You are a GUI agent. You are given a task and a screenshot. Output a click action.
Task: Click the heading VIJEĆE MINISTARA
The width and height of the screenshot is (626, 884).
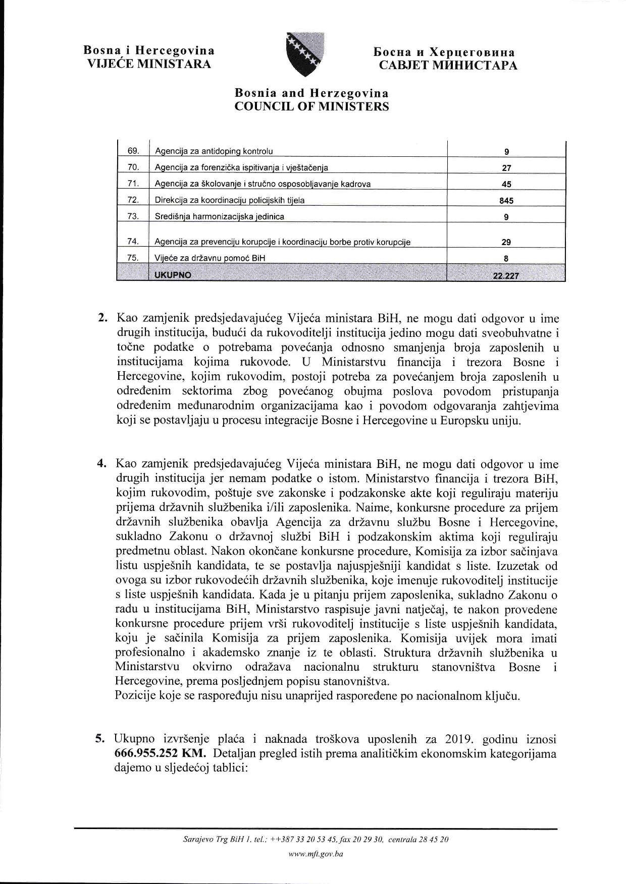[149, 64]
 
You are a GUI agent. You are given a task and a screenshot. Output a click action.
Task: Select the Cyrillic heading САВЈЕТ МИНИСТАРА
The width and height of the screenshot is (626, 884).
[448, 66]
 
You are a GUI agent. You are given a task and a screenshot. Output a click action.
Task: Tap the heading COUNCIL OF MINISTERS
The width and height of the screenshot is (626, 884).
[311, 106]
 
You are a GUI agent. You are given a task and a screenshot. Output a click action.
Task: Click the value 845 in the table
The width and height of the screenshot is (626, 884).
[506, 201]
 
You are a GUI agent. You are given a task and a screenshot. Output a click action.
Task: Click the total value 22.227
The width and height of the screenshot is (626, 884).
[506, 276]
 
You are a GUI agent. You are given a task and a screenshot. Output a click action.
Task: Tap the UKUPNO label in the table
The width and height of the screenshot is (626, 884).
[173, 275]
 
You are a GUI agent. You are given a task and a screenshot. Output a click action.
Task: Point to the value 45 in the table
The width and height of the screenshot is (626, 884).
[506, 185]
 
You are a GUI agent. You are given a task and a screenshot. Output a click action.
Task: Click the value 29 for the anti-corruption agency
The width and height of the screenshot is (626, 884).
[506, 242]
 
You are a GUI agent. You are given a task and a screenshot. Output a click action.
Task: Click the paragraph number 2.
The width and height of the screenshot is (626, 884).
[102, 319]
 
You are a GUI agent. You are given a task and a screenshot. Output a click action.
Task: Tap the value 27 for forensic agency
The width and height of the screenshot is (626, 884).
[506, 168]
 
